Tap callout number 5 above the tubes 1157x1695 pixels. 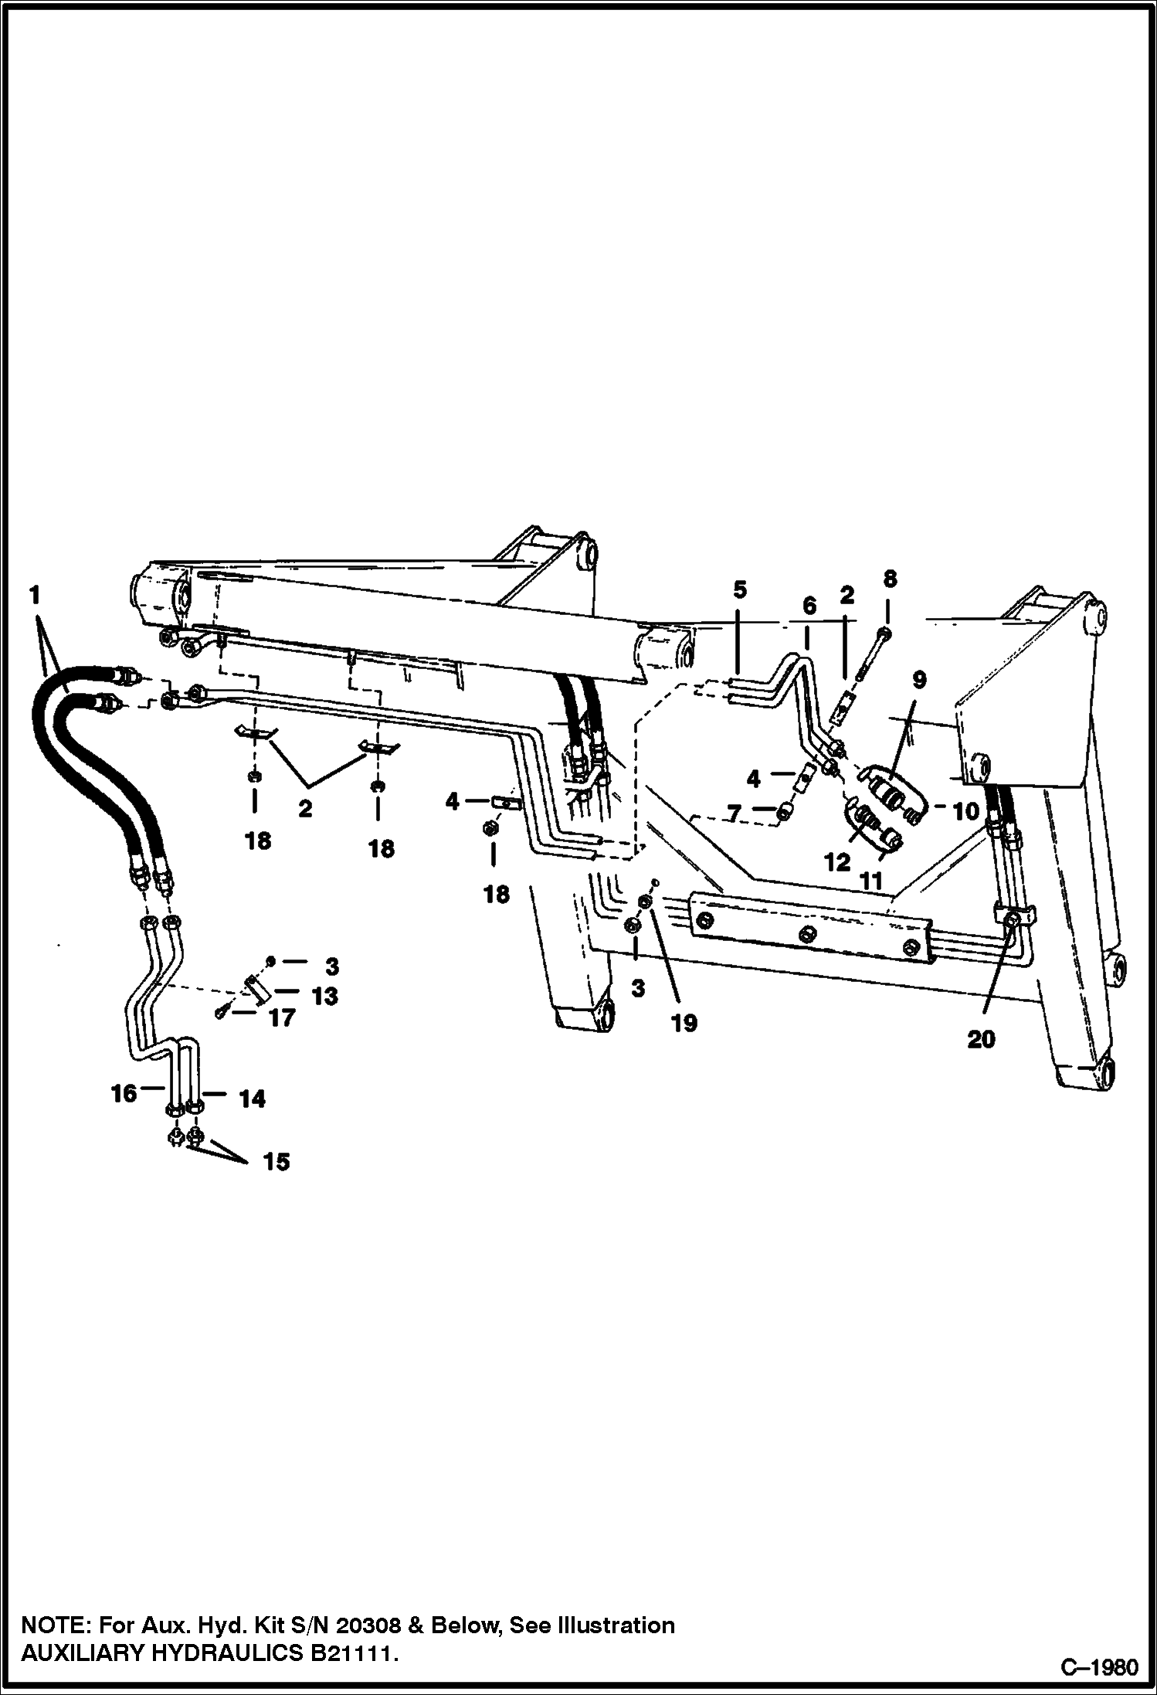click(739, 591)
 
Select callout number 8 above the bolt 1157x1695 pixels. click(890, 579)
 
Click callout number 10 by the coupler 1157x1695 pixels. click(965, 811)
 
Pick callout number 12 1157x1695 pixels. click(837, 862)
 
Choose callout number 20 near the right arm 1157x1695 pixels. click(981, 1040)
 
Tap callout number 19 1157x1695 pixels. click(684, 1023)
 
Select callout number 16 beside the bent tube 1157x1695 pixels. click(124, 1092)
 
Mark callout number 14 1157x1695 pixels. click(253, 1099)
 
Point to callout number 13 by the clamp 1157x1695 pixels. click(324, 997)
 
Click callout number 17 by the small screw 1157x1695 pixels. click(281, 1018)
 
